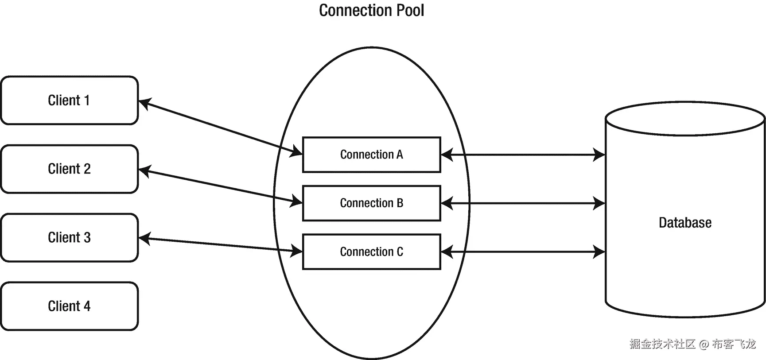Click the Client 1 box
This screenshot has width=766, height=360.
(x=69, y=101)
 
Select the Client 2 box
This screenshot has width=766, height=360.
(x=69, y=169)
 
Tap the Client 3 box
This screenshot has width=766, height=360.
(x=69, y=237)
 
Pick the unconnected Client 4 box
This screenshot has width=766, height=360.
(x=69, y=306)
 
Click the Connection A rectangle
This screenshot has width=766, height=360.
(x=371, y=155)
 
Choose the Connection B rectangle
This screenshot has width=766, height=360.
(x=371, y=203)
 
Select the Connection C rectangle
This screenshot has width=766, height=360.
(x=371, y=252)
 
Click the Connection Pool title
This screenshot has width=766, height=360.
(x=371, y=11)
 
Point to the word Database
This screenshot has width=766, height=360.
(x=685, y=222)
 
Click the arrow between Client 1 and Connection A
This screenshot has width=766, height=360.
(x=220, y=128)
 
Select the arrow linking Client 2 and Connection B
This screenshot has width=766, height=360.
(x=220, y=186)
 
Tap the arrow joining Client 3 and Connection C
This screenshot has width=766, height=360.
(x=220, y=245)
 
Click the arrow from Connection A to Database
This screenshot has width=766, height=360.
(x=523, y=155)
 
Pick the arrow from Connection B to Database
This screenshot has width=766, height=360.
(x=523, y=203)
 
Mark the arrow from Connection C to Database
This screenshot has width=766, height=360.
(x=523, y=252)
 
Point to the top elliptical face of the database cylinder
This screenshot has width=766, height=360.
(x=685, y=119)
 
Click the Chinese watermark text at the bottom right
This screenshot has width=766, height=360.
(x=662, y=344)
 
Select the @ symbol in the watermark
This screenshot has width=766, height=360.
(x=704, y=344)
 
